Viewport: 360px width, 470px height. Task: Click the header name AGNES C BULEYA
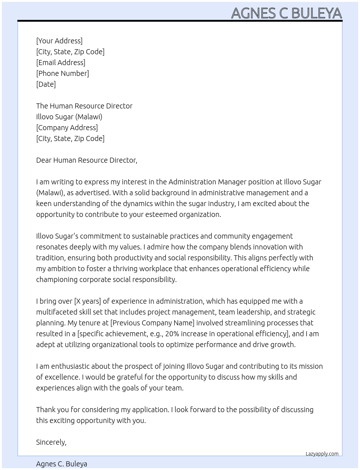tap(286, 13)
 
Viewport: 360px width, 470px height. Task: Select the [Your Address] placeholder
tap(59, 41)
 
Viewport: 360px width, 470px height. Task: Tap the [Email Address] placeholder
tap(61, 63)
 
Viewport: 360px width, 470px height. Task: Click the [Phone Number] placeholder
tap(63, 73)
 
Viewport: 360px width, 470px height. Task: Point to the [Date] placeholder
tap(46, 84)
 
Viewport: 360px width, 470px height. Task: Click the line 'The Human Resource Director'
tap(84, 106)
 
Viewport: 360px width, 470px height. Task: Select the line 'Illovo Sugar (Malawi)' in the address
tap(69, 117)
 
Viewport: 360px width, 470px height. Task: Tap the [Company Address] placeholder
tap(67, 128)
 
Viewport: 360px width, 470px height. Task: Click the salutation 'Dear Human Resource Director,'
tap(87, 160)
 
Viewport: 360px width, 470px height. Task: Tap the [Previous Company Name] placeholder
tap(152, 323)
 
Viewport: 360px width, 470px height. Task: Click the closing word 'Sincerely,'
tap(51, 442)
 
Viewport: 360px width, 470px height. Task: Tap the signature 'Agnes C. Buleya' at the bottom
tap(61, 464)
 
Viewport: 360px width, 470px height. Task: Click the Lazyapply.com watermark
tap(322, 454)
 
